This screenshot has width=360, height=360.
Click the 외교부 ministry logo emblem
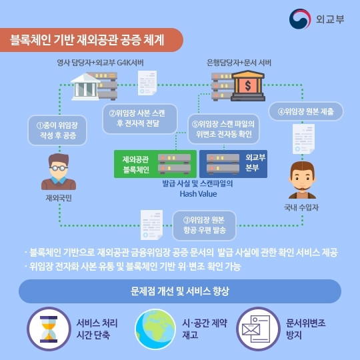click(x=300, y=19)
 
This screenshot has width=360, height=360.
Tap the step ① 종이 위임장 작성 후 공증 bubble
click(x=57, y=130)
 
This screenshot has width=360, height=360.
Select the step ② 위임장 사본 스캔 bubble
click(x=140, y=119)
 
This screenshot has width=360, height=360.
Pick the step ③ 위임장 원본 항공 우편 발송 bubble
click(x=205, y=225)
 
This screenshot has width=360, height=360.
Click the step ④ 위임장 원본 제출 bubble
click(x=306, y=111)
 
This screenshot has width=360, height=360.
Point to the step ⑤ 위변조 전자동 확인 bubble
click(x=223, y=129)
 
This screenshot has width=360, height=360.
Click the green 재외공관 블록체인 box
click(x=155, y=164)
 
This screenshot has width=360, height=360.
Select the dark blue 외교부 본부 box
click(x=233, y=164)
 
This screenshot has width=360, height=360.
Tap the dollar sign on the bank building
click(x=248, y=85)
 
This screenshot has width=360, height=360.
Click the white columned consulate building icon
click(x=85, y=87)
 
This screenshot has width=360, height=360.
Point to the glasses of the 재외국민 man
click(x=59, y=168)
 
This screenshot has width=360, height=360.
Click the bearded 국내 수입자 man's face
click(x=302, y=178)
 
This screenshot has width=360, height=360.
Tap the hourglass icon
click(x=49, y=329)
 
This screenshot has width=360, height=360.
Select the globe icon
click(x=155, y=329)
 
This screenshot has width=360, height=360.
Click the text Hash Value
click(x=198, y=194)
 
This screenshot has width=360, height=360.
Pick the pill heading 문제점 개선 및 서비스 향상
click(x=180, y=291)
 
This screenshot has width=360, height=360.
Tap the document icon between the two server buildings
click(x=147, y=83)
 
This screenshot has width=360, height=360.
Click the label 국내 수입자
click(x=301, y=207)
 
